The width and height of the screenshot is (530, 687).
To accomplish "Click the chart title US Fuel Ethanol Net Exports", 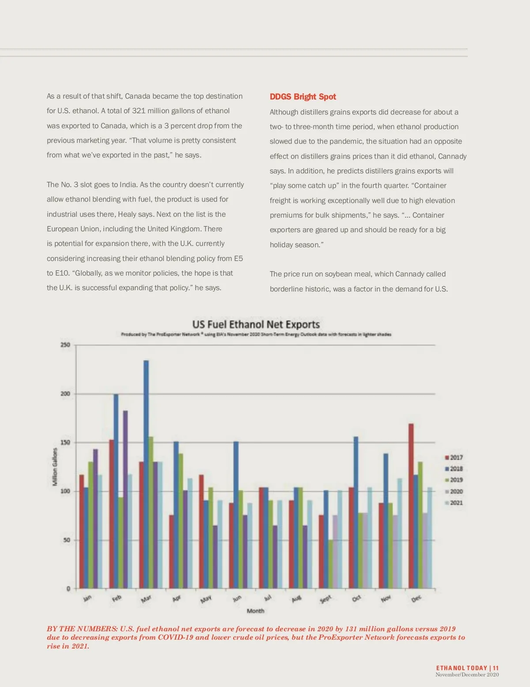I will [x=256, y=324].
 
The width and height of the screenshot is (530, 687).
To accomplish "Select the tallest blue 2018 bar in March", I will [x=146, y=473].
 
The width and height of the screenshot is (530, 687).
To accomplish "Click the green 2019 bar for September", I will [x=330, y=564].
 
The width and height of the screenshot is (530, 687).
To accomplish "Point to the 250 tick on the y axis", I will [x=65, y=345].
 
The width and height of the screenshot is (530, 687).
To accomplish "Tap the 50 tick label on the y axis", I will [x=67, y=540].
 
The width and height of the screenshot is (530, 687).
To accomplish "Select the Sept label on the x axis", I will [x=325, y=599].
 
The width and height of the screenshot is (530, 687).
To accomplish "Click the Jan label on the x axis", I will [x=87, y=598].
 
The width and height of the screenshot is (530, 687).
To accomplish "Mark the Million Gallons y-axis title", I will [x=55, y=467].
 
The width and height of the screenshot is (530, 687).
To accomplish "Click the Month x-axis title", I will [x=255, y=611].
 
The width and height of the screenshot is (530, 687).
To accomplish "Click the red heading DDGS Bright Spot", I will [x=303, y=97].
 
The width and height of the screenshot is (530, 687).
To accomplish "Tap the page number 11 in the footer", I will [x=496, y=668].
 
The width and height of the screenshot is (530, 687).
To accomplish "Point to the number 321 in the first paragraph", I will [x=138, y=111].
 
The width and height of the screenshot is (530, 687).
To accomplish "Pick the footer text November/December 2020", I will [x=467, y=675].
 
